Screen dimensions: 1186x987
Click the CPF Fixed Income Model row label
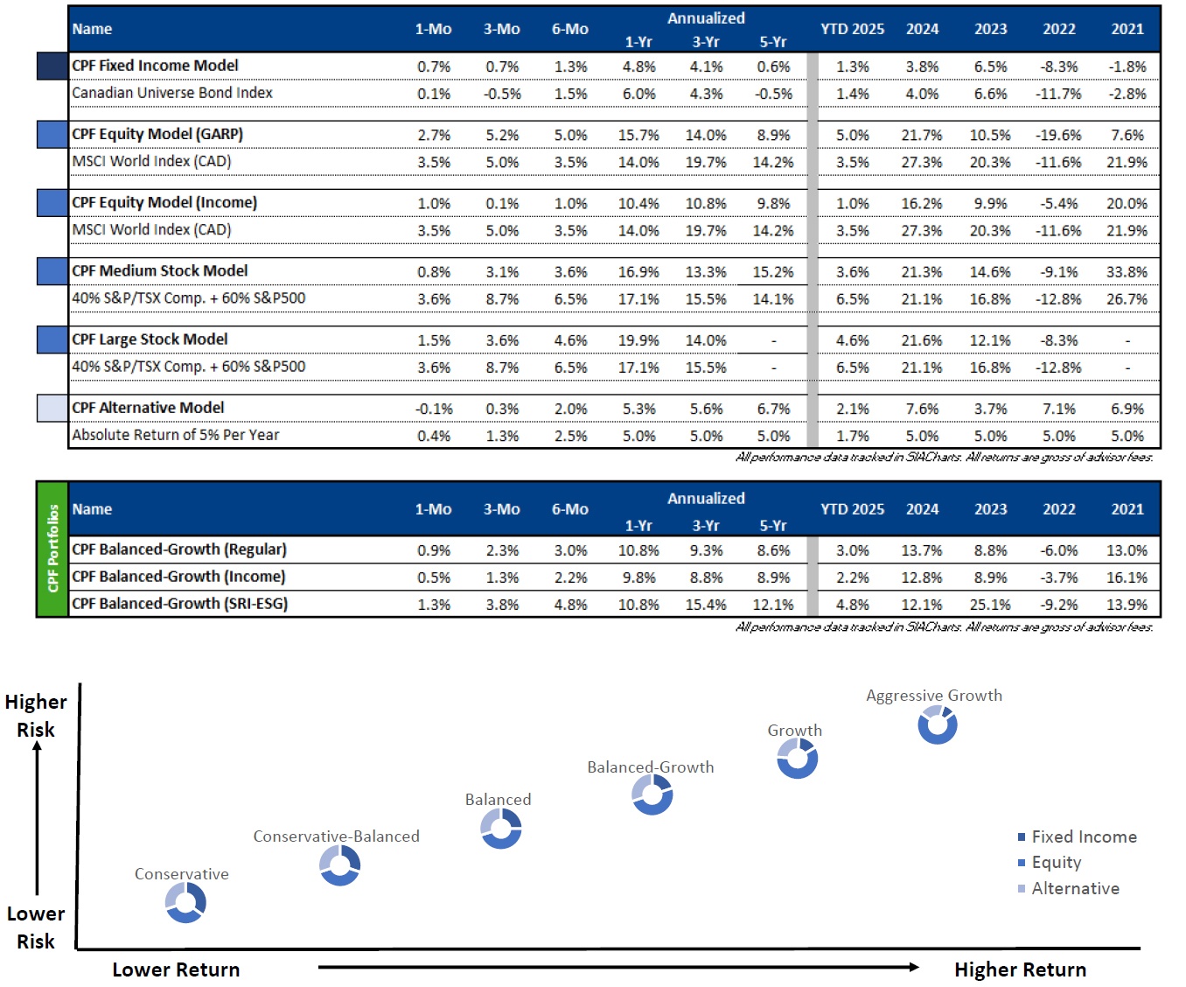pyautogui.click(x=155, y=66)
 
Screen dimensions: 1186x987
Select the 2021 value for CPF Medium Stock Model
pyautogui.click(x=1127, y=272)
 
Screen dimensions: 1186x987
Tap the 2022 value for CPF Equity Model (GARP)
pyautogui.click(x=1058, y=136)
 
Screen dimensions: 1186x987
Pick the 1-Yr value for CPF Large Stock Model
pyautogui.click(x=638, y=340)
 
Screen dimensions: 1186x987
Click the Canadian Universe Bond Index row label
pyautogui.click(x=172, y=93)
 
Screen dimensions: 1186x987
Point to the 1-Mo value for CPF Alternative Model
pyautogui.click(x=434, y=409)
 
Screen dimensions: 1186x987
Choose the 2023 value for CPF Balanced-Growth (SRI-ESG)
pyautogui.click(x=990, y=604)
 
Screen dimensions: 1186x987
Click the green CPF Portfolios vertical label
pyautogui.click(x=52, y=549)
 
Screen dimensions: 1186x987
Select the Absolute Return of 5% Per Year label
pyautogui.click(x=176, y=435)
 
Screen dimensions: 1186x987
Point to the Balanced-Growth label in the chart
pyautogui.click(x=651, y=767)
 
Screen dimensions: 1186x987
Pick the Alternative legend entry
pyautogui.click(x=1068, y=888)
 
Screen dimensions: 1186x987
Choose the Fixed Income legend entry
pyautogui.click(x=1077, y=836)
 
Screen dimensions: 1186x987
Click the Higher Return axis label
pyautogui.click(x=1020, y=969)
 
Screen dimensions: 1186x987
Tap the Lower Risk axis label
pyautogui.click(x=36, y=927)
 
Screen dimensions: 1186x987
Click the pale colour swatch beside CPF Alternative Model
pyautogui.click(x=52, y=408)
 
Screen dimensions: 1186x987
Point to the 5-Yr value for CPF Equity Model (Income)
pyautogui.click(x=773, y=203)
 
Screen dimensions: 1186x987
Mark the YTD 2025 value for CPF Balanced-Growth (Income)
pyautogui.click(x=852, y=577)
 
